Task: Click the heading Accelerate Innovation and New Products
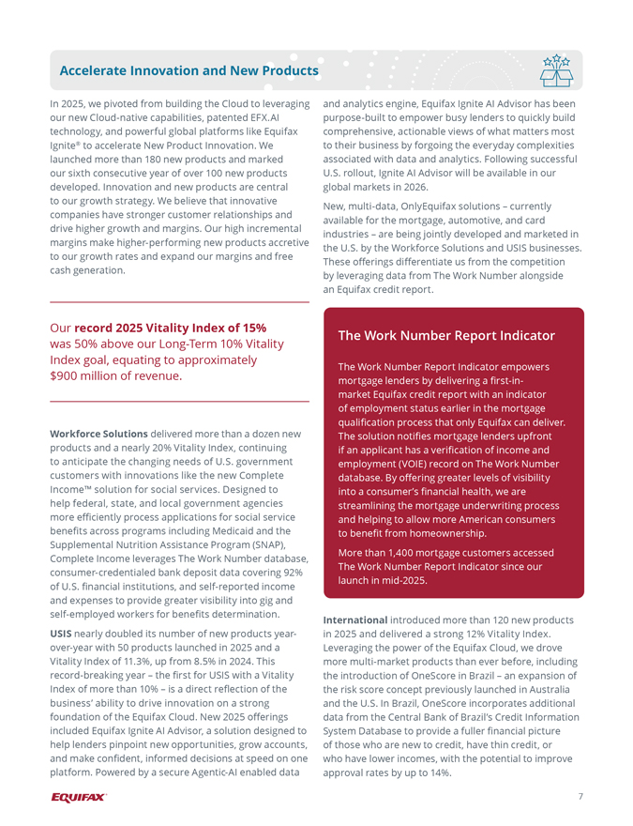click(188, 70)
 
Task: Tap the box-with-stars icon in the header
click(556, 69)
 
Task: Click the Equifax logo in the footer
click(79, 798)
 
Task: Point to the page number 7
click(580, 797)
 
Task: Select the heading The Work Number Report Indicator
click(446, 335)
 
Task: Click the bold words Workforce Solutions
click(98, 434)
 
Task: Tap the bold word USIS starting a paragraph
click(63, 635)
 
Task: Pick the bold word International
click(355, 620)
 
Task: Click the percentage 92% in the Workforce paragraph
click(294, 573)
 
